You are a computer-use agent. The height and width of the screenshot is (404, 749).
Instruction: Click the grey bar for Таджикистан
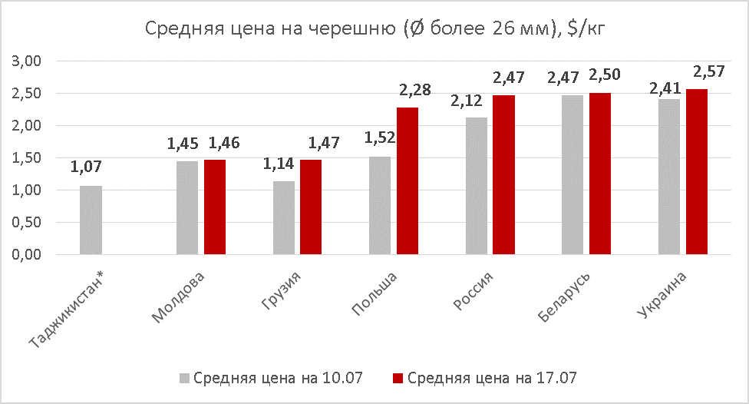click(x=91, y=220)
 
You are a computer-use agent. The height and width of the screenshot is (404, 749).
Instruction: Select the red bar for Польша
click(x=407, y=180)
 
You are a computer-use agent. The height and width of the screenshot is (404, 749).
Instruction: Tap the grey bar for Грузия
click(x=283, y=217)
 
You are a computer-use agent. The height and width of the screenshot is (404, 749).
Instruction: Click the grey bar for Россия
click(x=476, y=186)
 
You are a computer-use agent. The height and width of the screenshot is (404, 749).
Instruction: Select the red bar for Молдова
click(x=215, y=207)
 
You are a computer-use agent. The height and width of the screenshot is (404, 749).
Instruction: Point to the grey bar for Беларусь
click(x=572, y=174)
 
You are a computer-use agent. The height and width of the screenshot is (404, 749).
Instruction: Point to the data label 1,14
click(x=278, y=164)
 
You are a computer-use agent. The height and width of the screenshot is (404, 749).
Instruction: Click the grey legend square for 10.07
click(x=184, y=378)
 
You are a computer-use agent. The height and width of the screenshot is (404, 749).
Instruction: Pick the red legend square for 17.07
click(x=398, y=378)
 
